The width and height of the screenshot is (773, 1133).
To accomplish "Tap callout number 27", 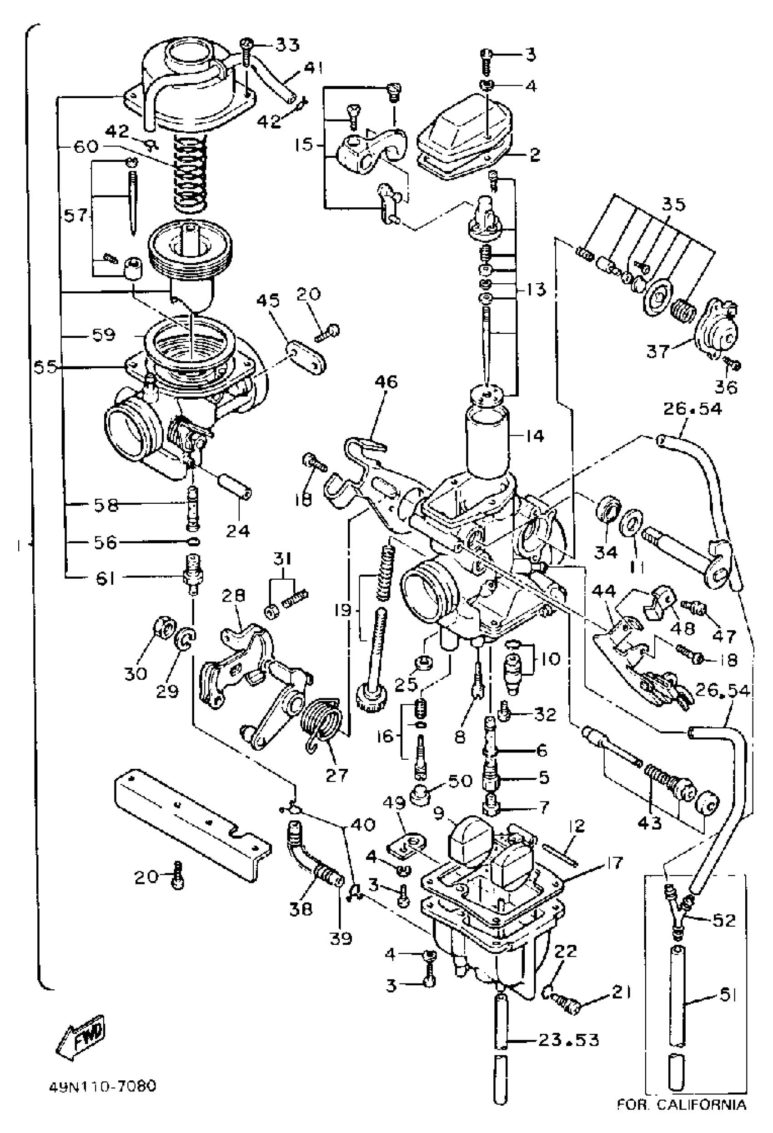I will click(x=336, y=776).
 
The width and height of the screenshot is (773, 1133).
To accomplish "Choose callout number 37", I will click(x=658, y=351).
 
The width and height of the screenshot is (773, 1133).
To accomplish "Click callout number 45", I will click(x=268, y=301).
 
